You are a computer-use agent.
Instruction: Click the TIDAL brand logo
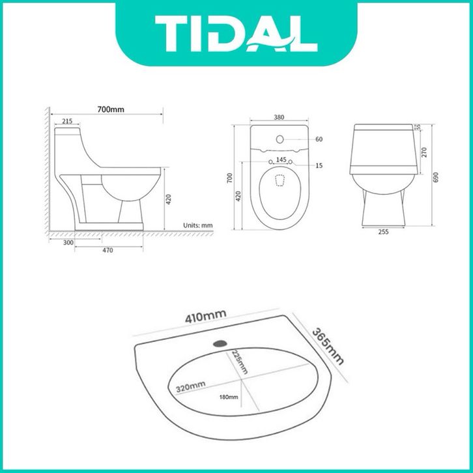click(236, 33)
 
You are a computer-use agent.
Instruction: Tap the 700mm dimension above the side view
click(110, 109)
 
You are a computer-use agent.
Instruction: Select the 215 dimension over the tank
click(67, 121)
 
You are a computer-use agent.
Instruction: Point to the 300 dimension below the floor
click(68, 242)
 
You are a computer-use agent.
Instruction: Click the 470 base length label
click(107, 250)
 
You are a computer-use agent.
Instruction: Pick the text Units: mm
click(198, 225)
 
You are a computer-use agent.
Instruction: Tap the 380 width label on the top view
click(279, 117)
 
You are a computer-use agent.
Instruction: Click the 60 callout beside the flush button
click(319, 139)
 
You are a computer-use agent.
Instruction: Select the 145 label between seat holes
click(281, 160)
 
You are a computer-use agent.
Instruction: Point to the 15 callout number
click(319, 165)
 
